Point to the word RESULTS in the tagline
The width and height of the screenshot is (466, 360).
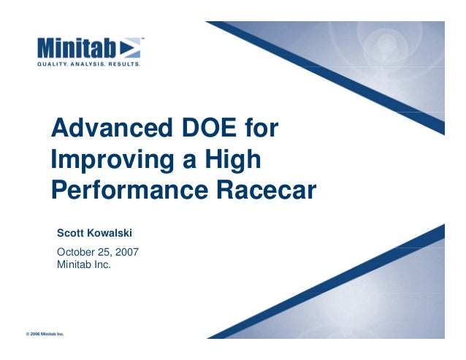click(124, 64)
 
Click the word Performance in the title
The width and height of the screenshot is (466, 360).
click(129, 191)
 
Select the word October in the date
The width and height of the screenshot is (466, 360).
click(77, 253)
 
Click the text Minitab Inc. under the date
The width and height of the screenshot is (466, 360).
click(84, 264)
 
